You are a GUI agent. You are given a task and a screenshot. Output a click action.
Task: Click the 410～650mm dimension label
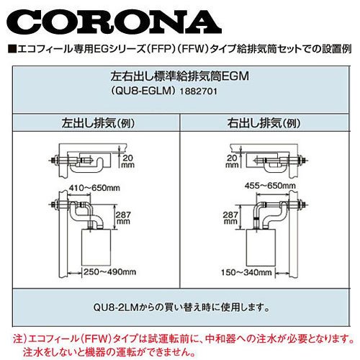94,188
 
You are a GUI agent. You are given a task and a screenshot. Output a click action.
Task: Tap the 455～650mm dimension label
270,186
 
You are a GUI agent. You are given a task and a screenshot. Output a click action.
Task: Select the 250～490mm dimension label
109,272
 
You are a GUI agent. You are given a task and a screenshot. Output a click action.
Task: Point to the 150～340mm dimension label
246,272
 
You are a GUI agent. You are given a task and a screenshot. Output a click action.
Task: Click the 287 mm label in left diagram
123,217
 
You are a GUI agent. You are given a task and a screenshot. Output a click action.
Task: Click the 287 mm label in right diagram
230,217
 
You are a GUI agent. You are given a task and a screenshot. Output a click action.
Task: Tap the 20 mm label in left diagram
128,161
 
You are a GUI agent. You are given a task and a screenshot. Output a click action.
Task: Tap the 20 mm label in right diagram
232,161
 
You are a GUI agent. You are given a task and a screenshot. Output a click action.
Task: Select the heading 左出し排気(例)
98,123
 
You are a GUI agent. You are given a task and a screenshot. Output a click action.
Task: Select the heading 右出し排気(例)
264,123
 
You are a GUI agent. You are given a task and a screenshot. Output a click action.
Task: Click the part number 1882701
199,91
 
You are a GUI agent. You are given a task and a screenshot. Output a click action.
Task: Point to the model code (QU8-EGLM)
143,91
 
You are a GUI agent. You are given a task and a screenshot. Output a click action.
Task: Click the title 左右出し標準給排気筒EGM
179,76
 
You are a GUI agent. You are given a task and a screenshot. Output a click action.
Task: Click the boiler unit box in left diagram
96,247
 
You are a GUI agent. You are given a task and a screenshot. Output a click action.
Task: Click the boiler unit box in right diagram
261,247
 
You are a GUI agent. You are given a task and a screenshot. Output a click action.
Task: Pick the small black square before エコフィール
12,49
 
